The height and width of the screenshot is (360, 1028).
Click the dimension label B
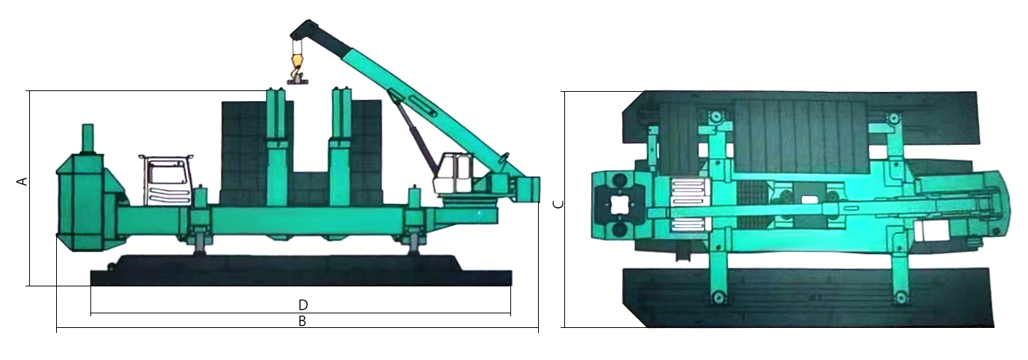tap(302, 321)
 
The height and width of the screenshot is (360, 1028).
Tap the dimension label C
tap(558, 205)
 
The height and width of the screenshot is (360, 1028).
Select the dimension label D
tap(303, 305)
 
